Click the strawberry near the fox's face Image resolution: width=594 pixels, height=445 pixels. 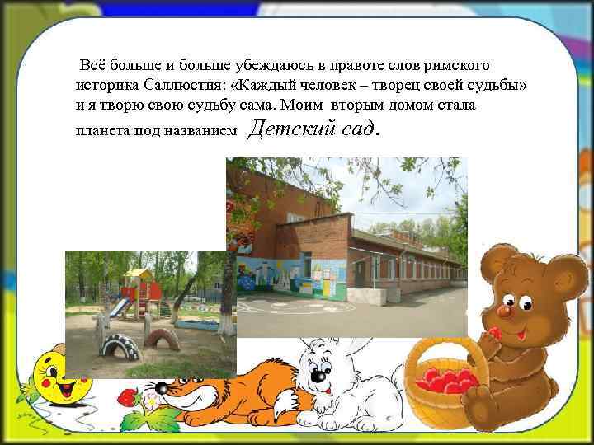(127, 398)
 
